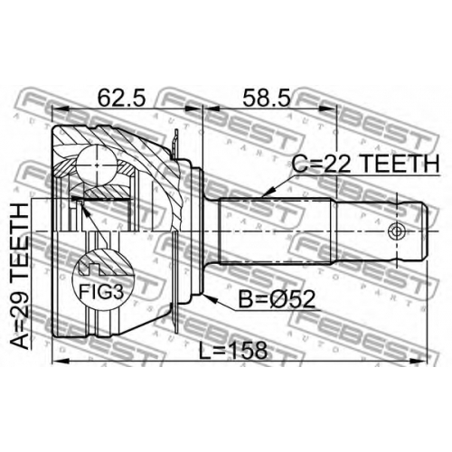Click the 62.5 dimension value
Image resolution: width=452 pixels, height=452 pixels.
pos(121,98)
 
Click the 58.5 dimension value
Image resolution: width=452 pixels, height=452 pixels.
pos(267,98)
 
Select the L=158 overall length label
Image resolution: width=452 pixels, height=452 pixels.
pos(233,351)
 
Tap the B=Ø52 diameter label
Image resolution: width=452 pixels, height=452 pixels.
pos(277,299)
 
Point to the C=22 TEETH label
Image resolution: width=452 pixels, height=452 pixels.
pos(365,164)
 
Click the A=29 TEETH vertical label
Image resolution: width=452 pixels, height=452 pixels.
pos(20,277)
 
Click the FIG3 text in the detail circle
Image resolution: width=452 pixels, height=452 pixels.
pos(101,291)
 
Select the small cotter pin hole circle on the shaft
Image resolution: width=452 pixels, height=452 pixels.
pos(397,231)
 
